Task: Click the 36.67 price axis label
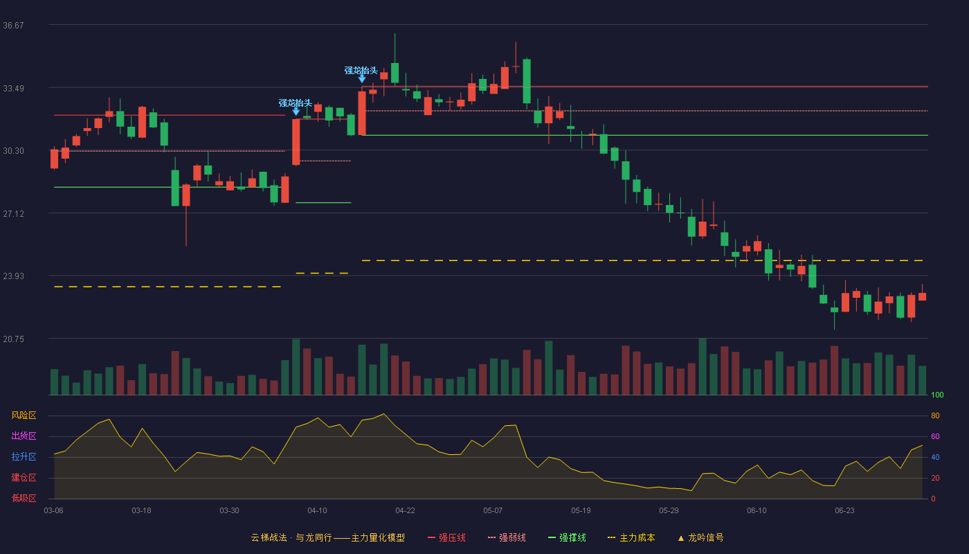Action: tap(13, 26)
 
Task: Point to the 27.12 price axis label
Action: tap(13, 214)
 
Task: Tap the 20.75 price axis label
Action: tap(13, 339)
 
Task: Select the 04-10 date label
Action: tap(317, 511)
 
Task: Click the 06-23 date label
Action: tap(844, 511)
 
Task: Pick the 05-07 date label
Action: tap(493, 511)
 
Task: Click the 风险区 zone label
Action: tap(24, 415)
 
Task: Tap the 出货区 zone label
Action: tap(24, 436)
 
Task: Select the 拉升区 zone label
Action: tap(24, 456)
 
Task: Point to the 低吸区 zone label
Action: tap(24, 498)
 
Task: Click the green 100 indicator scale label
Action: tap(937, 395)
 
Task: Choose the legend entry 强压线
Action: tap(447, 537)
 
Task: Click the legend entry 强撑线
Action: tap(567, 537)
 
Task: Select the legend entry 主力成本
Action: tap(631, 537)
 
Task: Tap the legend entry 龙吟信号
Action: tap(700, 537)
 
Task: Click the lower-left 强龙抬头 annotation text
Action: tap(295, 103)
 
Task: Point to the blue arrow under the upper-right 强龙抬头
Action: tap(361, 79)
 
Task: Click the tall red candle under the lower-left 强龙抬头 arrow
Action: tap(296, 142)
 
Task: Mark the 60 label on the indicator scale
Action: tap(935, 436)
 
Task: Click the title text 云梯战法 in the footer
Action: tap(269, 537)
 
